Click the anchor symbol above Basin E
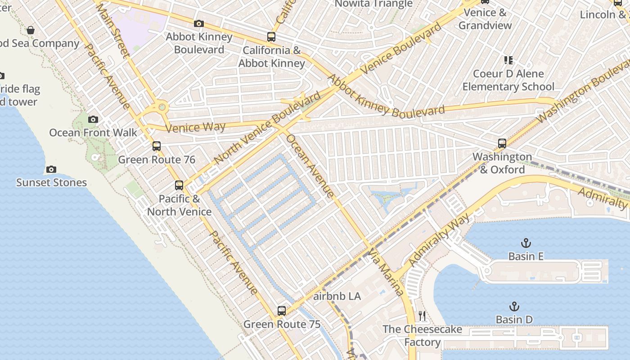click(526, 243)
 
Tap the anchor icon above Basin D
click(514, 307)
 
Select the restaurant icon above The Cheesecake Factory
click(422, 316)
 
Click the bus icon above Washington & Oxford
click(502, 144)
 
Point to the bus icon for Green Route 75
click(282, 310)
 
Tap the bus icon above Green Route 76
click(157, 146)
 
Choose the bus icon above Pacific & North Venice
click(179, 185)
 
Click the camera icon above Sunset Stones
click(51, 170)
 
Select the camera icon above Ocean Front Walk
click(93, 119)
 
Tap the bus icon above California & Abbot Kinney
click(271, 37)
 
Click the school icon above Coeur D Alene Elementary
click(508, 60)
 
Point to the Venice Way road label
click(195, 127)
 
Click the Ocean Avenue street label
click(310, 166)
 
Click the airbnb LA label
click(337, 296)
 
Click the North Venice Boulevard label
click(267, 128)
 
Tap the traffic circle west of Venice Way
click(161, 108)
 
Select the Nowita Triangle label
click(373, 4)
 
